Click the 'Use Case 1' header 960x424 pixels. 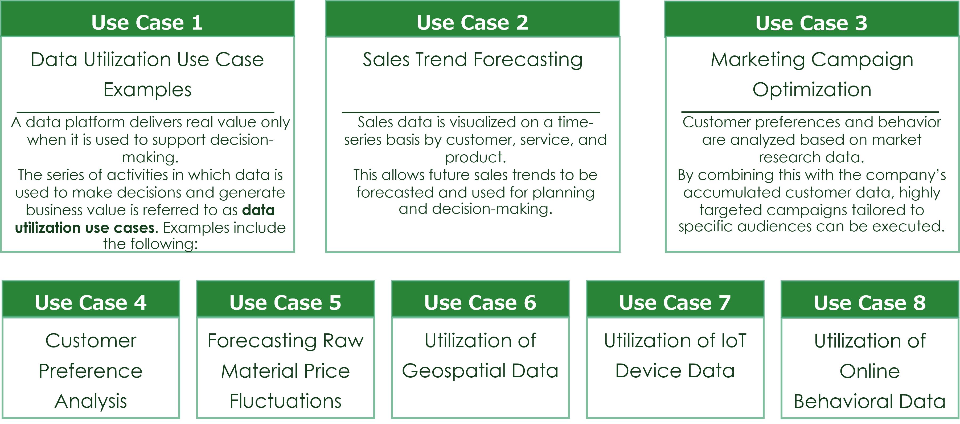(x=147, y=23)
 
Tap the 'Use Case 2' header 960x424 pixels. (x=473, y=23)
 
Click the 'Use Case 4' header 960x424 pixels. (x=91, y=302)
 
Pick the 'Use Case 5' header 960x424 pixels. (x=285, y=302)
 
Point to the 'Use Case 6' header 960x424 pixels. (x=480, y=302)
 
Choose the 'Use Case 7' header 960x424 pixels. (x=675, y=302)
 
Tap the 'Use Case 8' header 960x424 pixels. (x=870, y=303)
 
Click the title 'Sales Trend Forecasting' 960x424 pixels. (x=473, y=60)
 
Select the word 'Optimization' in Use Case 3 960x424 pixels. (x=812, y=90)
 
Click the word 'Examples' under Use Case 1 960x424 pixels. (x=147, y=90)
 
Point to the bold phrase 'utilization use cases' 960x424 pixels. (x=85, y=228)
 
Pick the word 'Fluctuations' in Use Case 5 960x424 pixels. (x=285, y=401)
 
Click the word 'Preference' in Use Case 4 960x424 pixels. (x=91, y=371)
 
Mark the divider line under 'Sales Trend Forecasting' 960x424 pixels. (x=471, y=112)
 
